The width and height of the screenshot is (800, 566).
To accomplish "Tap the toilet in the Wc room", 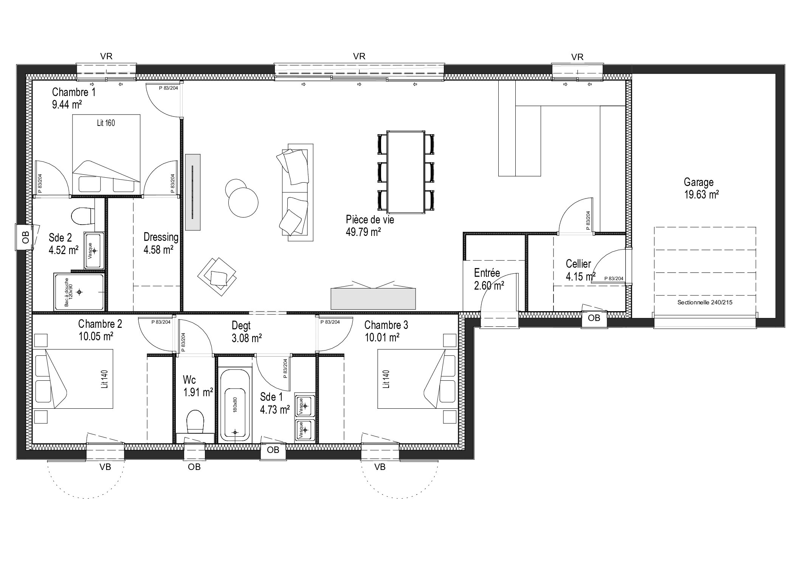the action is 195,422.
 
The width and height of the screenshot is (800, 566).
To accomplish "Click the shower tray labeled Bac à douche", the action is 79,292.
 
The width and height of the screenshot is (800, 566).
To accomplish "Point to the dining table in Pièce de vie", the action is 406,172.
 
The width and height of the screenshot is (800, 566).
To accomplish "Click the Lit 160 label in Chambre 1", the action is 106,123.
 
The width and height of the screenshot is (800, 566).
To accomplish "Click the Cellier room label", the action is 579,264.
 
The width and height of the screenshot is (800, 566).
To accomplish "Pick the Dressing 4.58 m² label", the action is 161,243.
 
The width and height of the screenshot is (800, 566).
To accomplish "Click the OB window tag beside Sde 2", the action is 25,237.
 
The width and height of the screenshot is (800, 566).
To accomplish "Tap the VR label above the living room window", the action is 359,56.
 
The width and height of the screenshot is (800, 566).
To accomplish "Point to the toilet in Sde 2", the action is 82,216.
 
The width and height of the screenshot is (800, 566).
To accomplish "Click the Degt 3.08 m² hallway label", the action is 247,332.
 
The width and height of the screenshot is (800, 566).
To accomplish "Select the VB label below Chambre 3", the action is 380,467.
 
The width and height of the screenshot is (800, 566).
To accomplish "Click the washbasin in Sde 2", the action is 94,250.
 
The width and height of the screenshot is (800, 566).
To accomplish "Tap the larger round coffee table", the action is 243,202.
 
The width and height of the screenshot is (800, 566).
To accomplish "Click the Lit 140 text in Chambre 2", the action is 105,379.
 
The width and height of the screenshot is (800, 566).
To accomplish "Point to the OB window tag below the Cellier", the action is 594,318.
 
